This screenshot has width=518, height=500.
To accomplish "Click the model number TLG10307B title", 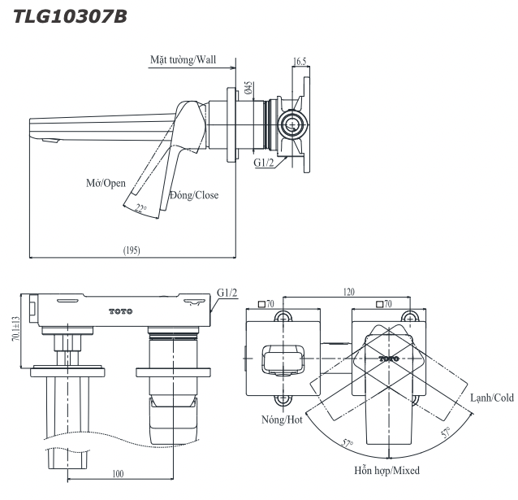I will pyautogui.click(x=64, y=15).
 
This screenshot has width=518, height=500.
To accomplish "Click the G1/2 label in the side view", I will pyautogui.click(x=265, y=163).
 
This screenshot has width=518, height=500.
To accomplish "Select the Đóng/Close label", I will pyautogui.click(x=194, y=195).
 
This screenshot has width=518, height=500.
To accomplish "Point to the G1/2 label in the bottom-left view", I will pyautogui.click(x=227, y=293).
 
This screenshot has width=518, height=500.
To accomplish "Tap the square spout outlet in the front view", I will pyautogui.click(x=282, y=358).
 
